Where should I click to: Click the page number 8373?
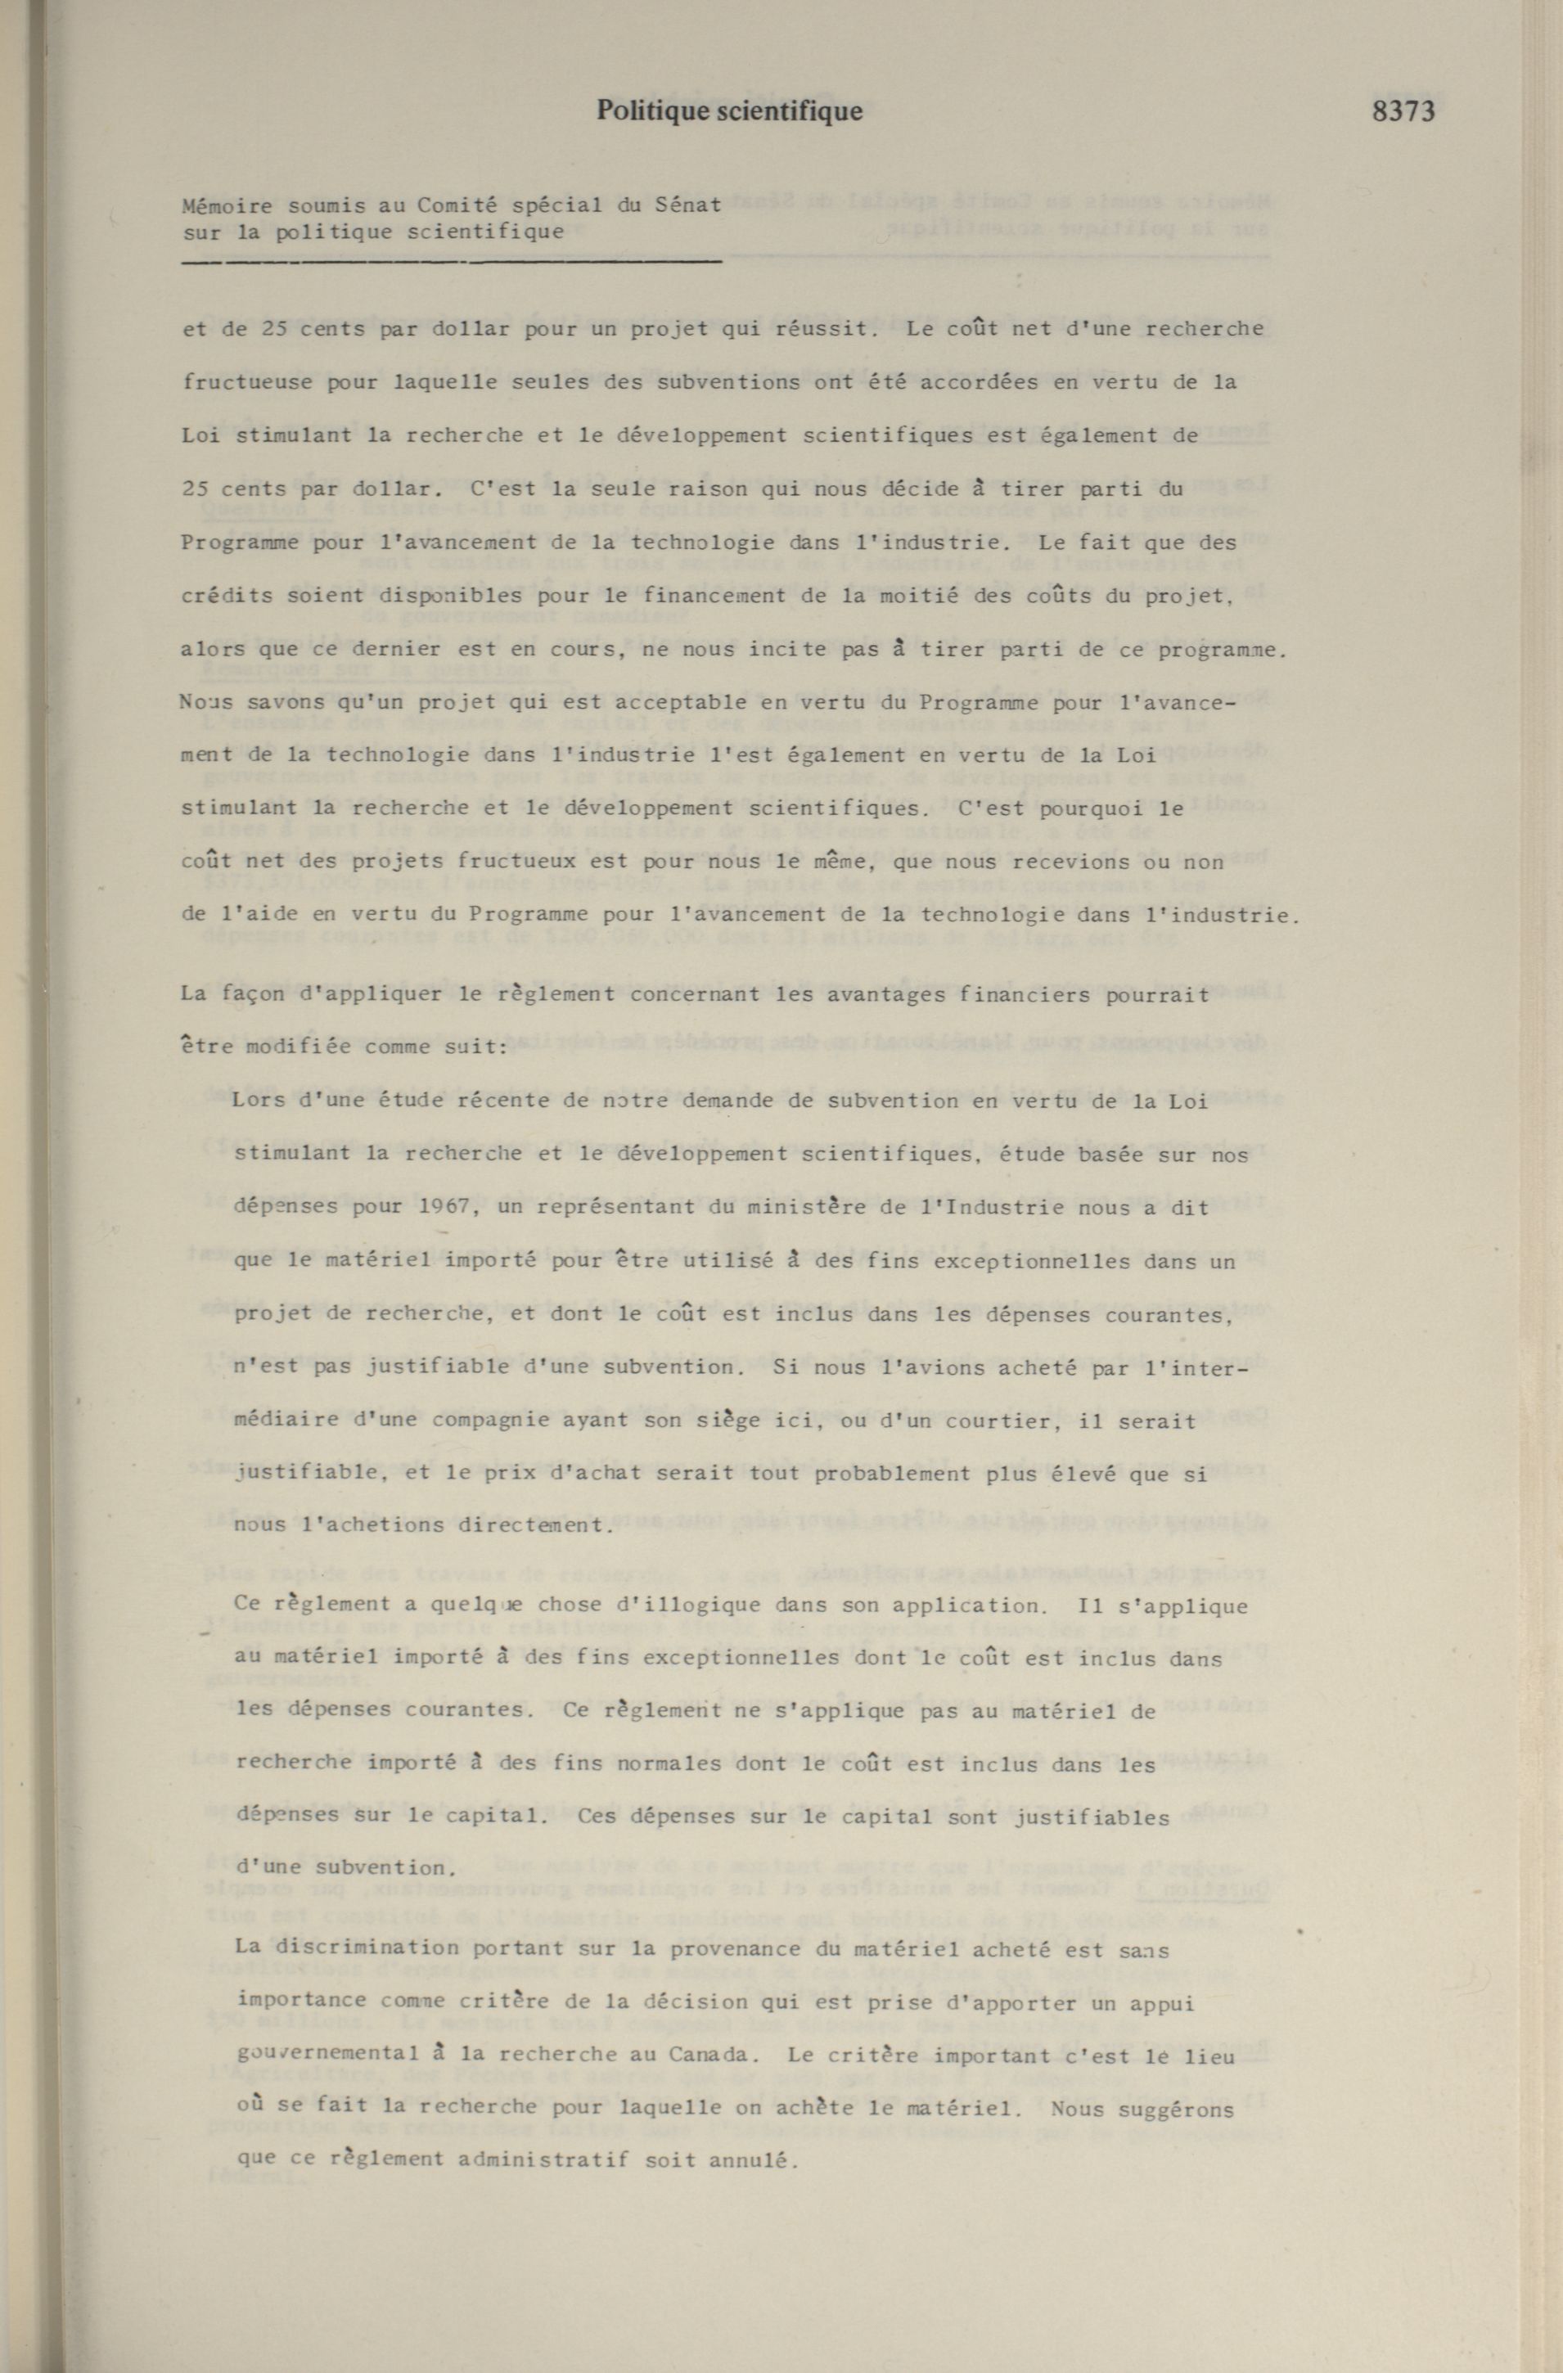[1403, 110]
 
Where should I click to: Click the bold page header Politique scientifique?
[728, 110]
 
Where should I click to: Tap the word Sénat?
[687, 207]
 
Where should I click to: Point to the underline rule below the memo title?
[452, 262]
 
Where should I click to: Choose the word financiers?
[1068, 994]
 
